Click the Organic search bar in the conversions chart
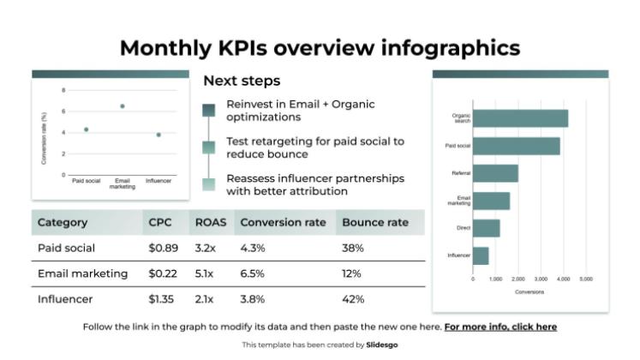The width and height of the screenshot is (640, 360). click(520, 118)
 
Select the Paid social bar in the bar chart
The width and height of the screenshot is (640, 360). click(516, 146)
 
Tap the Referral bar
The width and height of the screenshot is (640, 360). click(495, 173)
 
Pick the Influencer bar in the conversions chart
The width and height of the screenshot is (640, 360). click(481, 255)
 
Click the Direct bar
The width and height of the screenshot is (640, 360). click(486, 228)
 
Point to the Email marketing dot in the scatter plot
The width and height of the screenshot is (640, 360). click(123, 106)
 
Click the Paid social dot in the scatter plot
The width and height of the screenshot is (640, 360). click(86, 129)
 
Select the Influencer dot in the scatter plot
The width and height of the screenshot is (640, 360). click(159, 135)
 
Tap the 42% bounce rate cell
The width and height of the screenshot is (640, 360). click(353, 299)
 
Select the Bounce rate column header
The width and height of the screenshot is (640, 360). click(374, 222)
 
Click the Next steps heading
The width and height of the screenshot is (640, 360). click(241, 81)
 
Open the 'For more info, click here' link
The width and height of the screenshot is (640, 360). click(500, 327)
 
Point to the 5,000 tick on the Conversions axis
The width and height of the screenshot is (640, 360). click(586, 279)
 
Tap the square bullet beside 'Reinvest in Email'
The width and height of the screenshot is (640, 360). click(209, 110)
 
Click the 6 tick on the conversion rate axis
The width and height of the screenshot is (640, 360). click(63, 111)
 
